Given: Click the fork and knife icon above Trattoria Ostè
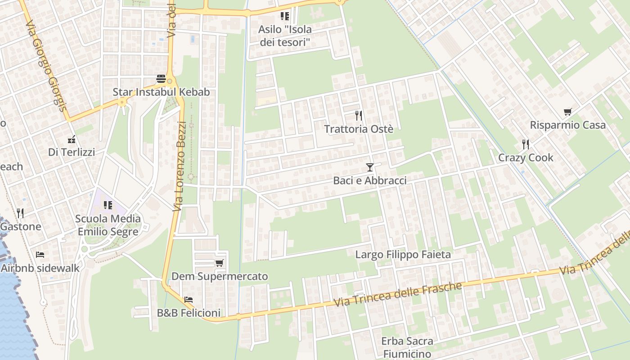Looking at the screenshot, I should [358, 116].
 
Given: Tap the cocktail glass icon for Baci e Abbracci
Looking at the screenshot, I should [369, 167].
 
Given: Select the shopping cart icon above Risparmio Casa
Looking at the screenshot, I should [567, 112].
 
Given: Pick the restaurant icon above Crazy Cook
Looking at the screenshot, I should [525, 144].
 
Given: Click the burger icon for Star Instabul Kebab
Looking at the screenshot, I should [161, 79].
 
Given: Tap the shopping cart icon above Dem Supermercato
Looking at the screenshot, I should [219, 263].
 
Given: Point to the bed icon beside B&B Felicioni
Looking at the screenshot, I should [189, 299].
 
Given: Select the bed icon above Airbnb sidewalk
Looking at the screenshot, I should [40, 255].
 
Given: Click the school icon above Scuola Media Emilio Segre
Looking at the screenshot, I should [108, 205].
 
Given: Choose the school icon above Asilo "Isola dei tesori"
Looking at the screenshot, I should [284, 16].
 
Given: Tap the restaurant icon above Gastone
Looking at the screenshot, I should [20, 213].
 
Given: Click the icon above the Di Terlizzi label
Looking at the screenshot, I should [71, 139].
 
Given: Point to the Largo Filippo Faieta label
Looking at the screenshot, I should [403, 255].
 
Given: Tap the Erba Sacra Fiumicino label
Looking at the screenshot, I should [407, 347].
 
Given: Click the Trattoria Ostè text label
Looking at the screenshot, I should [359, 129].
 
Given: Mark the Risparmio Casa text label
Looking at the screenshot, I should [567, 125].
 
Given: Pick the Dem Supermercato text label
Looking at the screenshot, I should [220, 276].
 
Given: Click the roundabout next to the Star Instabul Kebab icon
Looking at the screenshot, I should [170, 81].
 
